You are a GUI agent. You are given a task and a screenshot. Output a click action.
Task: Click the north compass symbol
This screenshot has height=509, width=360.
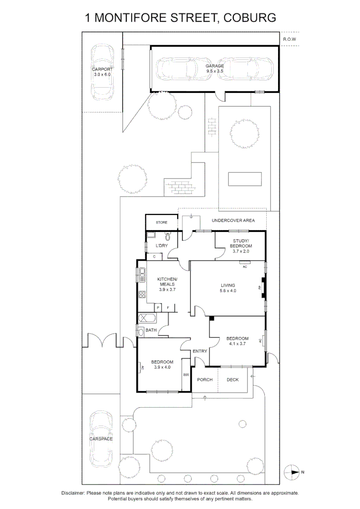(293, 471)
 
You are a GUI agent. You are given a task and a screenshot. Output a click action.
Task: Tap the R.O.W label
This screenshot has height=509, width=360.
(289, 40)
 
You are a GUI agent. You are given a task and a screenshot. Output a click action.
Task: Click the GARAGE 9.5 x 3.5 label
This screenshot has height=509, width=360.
(214, 68)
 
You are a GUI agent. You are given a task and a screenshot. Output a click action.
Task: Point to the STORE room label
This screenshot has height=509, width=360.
(162, 222)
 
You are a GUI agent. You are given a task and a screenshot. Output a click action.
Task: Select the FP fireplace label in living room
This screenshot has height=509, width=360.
(260, 287)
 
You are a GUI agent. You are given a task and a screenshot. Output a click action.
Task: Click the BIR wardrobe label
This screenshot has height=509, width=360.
(186, 375)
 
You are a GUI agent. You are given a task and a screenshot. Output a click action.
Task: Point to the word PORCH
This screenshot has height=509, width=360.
(205, 380)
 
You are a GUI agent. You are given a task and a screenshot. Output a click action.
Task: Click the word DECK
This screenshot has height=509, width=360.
(233, 380)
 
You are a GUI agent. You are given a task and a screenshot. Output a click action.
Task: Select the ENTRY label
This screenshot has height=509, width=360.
(200, 351)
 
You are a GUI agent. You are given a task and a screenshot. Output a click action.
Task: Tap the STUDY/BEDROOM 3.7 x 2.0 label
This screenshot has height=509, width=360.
(240, 246)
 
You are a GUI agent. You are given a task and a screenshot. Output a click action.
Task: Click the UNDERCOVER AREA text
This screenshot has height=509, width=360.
(233, 220)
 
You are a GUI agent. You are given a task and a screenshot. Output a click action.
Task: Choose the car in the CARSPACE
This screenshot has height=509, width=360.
(102, 438)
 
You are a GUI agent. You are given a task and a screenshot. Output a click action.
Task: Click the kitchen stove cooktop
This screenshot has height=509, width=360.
(142, 295)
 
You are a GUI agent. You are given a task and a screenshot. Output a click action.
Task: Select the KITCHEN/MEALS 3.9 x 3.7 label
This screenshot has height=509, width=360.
(167, 284)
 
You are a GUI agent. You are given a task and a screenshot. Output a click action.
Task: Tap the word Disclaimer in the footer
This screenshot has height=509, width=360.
(73, 493)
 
